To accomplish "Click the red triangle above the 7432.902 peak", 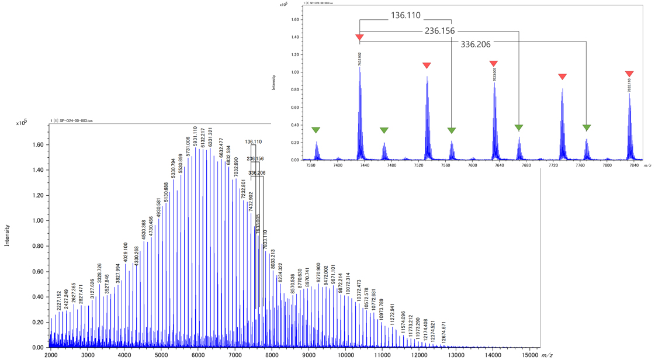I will click(360, 39).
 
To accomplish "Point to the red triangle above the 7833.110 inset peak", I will click(629, 74).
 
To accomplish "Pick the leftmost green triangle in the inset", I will click(316, 130).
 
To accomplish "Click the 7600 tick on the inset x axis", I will click(473, 166).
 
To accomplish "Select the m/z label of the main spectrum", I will click(547, 355).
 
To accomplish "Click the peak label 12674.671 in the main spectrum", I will click(444, 331).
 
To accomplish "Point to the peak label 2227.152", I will click(59, 301).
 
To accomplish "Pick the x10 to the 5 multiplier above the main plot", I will click(22, 123).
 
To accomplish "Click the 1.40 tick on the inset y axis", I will click(295, 37).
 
